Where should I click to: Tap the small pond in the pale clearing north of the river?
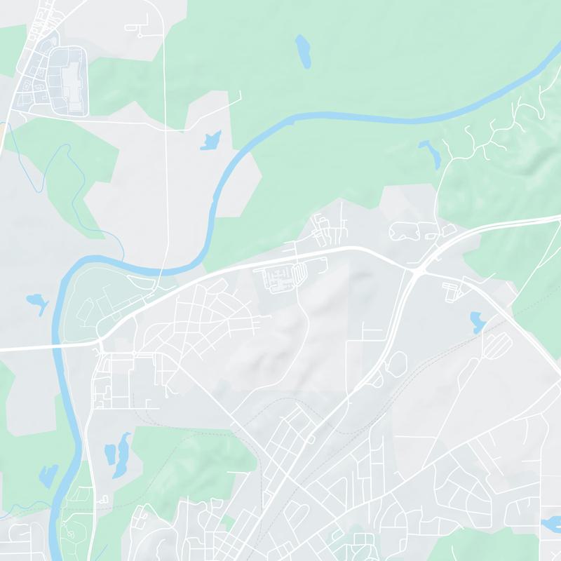coord(210,140)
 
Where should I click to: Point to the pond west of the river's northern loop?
coord(36,302)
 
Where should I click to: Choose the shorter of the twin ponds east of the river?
coord(111,453)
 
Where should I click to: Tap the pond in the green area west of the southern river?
coord(48,475)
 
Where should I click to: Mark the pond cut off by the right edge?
coord(552,523)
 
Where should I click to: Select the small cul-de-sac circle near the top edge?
coord(140,34)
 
